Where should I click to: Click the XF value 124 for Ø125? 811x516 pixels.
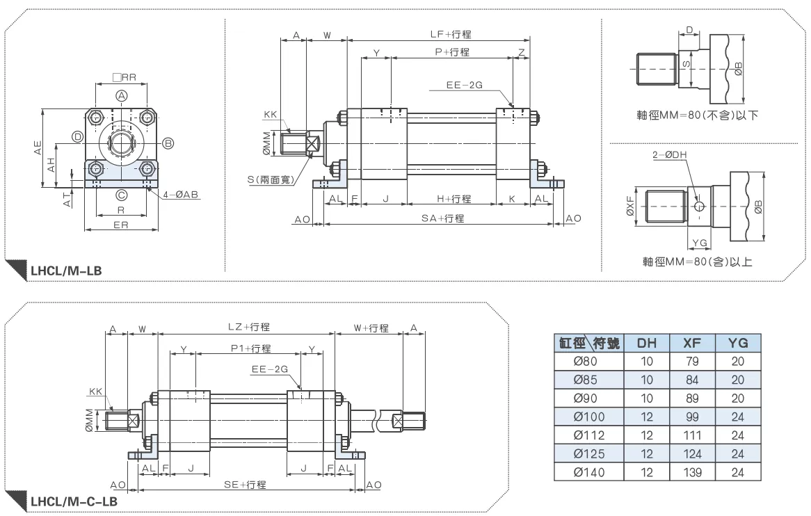tap(692, 454)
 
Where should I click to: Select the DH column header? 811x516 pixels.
tap(647, 343)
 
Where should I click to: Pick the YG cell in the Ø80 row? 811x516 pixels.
tap(737, 362)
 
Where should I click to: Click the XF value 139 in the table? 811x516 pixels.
tap(692, 473)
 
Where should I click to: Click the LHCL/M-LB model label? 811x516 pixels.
tap(66, 271)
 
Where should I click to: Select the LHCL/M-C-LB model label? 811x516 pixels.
tap(74, 501)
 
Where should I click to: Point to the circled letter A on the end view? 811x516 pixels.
tap(121, 96)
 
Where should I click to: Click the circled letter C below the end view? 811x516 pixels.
tap(121, 195)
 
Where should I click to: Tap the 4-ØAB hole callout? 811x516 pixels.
tap(181, 195)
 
